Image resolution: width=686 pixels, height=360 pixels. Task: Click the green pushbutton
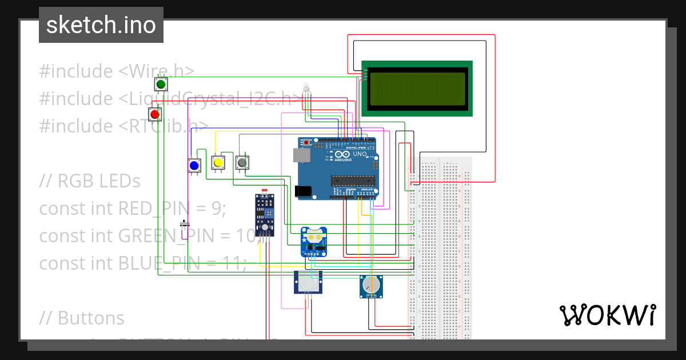point(161,85)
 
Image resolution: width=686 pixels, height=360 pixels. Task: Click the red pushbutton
point(154,114)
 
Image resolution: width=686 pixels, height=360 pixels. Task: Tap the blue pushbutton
point(194,166)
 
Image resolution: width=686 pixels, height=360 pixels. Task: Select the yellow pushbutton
point(218,163)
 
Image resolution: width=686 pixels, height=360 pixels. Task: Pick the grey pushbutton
point(242,163)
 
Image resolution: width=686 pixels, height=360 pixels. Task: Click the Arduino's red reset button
point(306,142)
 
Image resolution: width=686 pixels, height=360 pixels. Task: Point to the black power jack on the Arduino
point(304,191)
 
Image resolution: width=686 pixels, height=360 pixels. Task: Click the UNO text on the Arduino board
point(360,154)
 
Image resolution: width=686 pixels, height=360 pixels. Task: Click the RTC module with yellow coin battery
point(314,242)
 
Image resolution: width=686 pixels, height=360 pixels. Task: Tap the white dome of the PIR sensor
point(308,283)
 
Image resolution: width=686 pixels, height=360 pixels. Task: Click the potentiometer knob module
point(371,285)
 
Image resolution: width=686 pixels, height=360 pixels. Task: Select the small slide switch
point(184,222)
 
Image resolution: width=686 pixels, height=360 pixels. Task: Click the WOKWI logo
point(607,315)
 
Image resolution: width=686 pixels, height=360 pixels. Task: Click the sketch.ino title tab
point(101,25)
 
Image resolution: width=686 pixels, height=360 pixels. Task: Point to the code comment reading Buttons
point(91,317)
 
